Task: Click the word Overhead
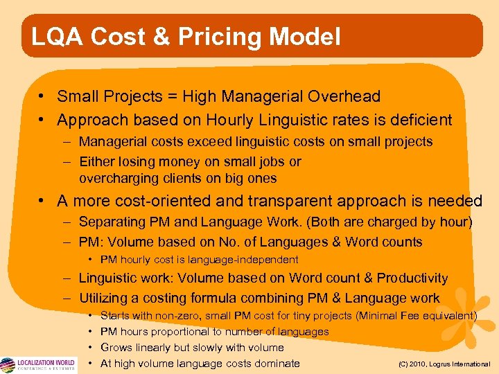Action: [x=351, y=97]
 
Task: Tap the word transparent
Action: [x=286, y=202]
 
